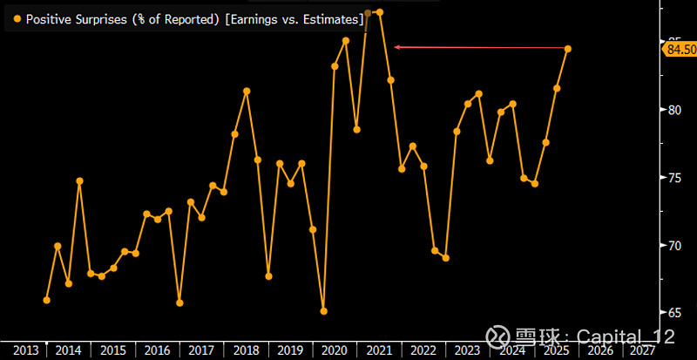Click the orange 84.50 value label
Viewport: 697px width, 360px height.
tap(680, 51)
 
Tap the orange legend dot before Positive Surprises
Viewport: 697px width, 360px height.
tap(17, 17)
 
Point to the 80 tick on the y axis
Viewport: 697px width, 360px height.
tap(673, 110)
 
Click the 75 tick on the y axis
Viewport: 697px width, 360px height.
tap(673, 178)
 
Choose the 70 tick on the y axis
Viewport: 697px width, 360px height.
tap(673, 245)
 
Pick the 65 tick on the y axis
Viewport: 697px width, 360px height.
tap(673, 312)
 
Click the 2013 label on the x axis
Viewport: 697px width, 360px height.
tap(24, 350)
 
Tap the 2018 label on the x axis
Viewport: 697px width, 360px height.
tap(246, 350)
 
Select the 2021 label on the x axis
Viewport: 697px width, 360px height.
tap(379, 350)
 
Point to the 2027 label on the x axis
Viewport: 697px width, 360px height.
tap(645, 350)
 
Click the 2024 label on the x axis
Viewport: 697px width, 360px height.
tap(512, 350)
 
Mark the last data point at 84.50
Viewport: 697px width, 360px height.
tap(568, 49)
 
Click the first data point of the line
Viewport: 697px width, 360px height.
tap(46, 300)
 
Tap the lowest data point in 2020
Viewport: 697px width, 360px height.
tap(323, 311)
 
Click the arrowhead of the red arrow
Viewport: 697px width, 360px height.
tap(397, 47)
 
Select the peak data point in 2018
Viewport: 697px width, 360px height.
tap(247, 91)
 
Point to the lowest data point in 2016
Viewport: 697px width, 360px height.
tap(179, 302)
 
